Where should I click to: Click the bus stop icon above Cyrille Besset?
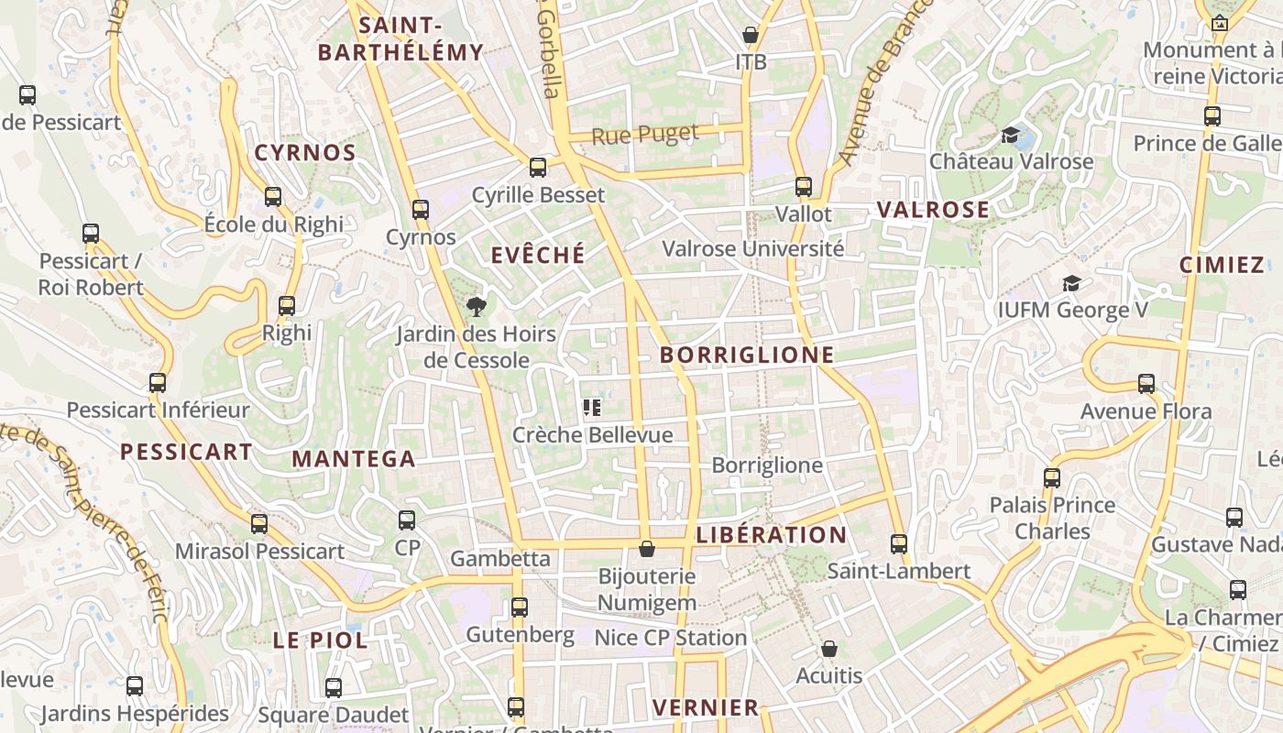(x=538, y=168)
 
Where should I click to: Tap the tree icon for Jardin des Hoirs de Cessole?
(x=476, y=307)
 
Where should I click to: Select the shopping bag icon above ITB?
(x=751, y=36)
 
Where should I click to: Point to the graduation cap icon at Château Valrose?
(x=1011, y=135)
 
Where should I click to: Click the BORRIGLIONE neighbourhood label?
(x=747, y=355)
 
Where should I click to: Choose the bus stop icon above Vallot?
(x=804, y=187)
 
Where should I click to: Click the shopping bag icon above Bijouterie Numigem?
(x=647, y=549)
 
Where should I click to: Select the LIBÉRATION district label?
(x=772, y=534)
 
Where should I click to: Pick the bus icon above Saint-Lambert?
(x=899, y=543)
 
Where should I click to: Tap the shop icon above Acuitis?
(x=829, y=649)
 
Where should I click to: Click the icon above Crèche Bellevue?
(x=592, y=408)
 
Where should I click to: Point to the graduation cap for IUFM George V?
(x=1071, y=284)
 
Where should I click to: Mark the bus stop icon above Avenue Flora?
(x=1146, y=384)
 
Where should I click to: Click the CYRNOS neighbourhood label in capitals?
(x=305, y=153)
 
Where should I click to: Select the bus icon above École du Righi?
(x=273, y=196)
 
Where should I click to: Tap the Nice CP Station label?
(x=671, y=638)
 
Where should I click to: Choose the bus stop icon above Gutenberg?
(x=520, y=607)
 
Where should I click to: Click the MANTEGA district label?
(x=354, y=459)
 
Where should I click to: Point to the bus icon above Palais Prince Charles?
(x=1052, y=477)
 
